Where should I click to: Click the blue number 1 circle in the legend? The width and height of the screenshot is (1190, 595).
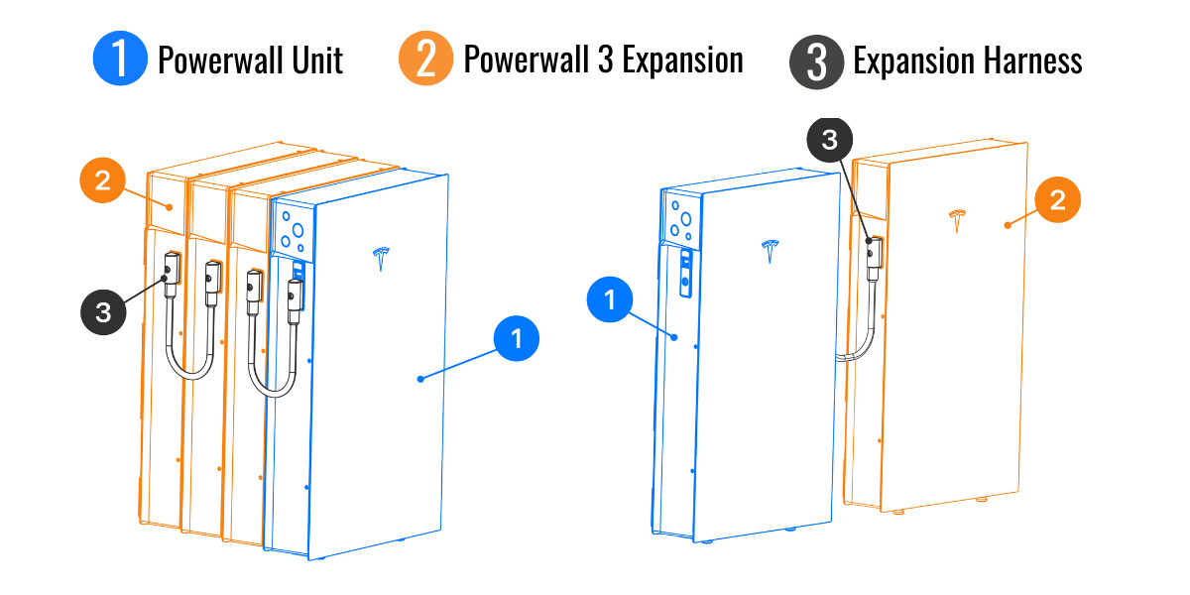pos(120,59)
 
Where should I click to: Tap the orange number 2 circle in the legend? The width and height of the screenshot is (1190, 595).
pos(425,59)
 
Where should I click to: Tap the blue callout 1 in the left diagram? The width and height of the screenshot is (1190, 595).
pos(516,341)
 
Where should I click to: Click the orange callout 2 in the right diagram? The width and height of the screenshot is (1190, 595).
pos(1058,200)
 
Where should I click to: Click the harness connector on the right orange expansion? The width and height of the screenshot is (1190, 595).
pos(873,253)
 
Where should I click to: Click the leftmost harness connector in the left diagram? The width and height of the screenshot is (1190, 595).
pos(171,269)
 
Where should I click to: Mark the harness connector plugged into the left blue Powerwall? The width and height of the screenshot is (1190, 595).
pos(294,295)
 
